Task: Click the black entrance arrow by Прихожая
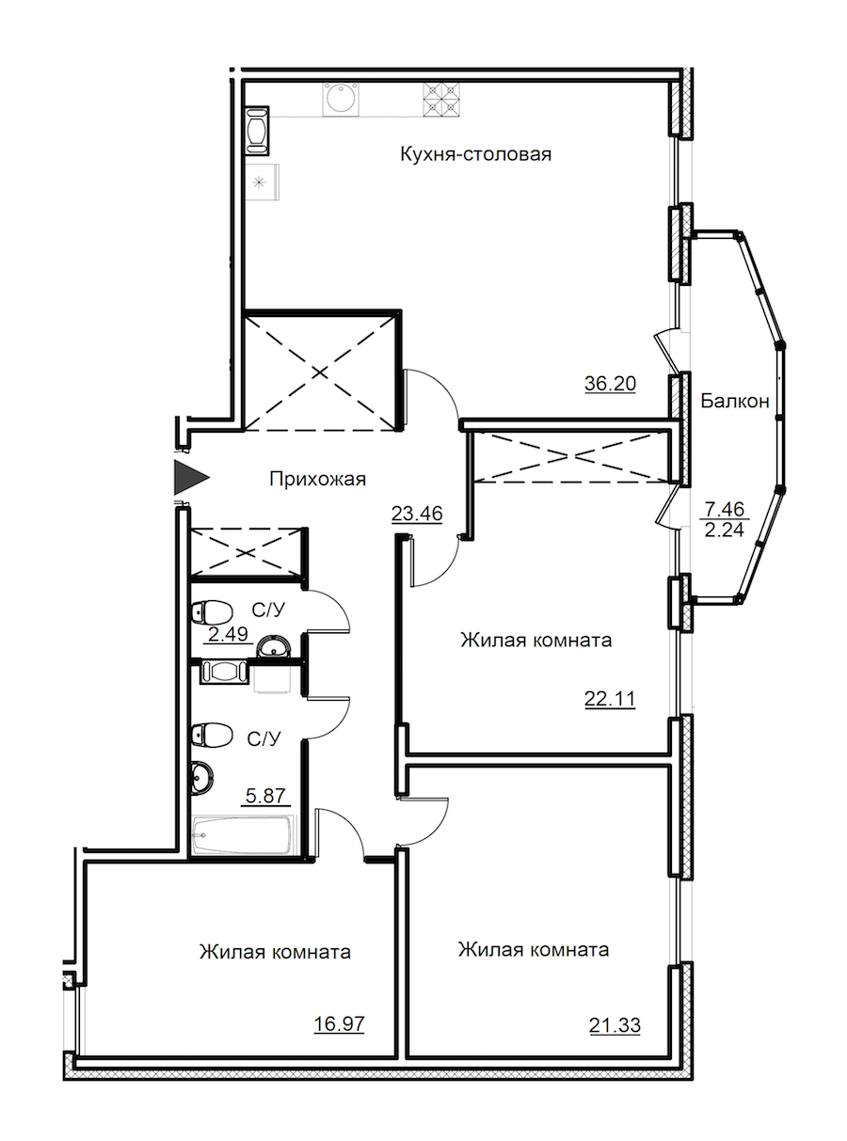189,479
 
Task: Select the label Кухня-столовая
474,153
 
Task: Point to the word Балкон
736,402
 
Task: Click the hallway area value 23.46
418,514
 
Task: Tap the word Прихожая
317,479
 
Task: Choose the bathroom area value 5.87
266,796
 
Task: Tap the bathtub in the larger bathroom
244,834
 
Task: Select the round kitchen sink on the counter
339,98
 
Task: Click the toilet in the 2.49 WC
209,611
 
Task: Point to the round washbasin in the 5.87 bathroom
201,777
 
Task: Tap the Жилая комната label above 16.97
275,952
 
